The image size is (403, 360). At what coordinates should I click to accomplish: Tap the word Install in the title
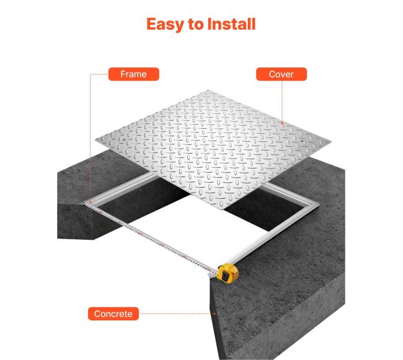click(231, 24)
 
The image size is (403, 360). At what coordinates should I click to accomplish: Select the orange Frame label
click(134, 74)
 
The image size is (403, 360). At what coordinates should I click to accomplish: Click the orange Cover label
click(281, 74)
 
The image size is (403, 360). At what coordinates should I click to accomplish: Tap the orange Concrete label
click(113, 314)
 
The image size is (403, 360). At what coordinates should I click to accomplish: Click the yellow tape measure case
click(227, 273)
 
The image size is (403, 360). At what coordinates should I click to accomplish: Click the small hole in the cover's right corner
click(303, 141)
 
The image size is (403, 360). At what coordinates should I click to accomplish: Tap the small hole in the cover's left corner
click(125, 139)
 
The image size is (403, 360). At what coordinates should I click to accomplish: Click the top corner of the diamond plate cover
click(208, 90)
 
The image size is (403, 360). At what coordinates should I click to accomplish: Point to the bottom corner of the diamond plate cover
click(223, 209)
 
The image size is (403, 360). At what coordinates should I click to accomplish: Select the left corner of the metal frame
click(85, 203)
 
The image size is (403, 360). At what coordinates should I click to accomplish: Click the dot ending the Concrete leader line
click(215, 314)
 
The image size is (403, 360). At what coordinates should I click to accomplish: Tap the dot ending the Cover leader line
click(282, 124)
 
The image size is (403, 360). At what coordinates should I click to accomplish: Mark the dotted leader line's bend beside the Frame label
click(91, 74)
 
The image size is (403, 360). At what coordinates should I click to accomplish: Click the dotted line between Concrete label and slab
click(177, 314)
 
